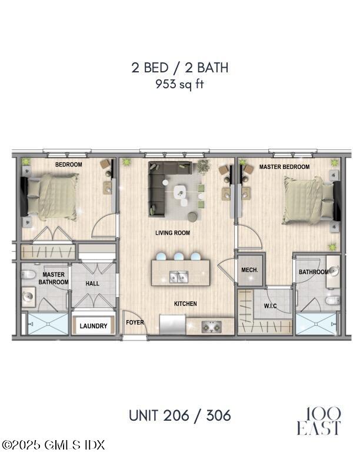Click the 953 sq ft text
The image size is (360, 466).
click(179, 84)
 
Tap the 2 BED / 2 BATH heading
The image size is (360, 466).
click(179, 67)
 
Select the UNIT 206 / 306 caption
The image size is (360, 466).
click(179, 415)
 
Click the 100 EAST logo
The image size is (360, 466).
click(318, 421)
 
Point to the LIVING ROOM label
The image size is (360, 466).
click(172, 233)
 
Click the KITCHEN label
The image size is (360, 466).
click(185, 304)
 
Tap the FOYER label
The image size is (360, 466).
click(135, 322)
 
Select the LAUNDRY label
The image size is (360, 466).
click(94, 326)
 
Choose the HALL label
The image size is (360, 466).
click(92, 284)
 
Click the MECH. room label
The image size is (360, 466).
click(251, 270)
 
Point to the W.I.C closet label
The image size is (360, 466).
click(271, 306)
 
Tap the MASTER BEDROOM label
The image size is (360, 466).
click(285, 167)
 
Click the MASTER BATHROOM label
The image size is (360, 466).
click(54, 278)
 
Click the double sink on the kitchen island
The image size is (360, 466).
click(179, 275)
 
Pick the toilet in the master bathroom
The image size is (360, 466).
click(28, 274)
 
